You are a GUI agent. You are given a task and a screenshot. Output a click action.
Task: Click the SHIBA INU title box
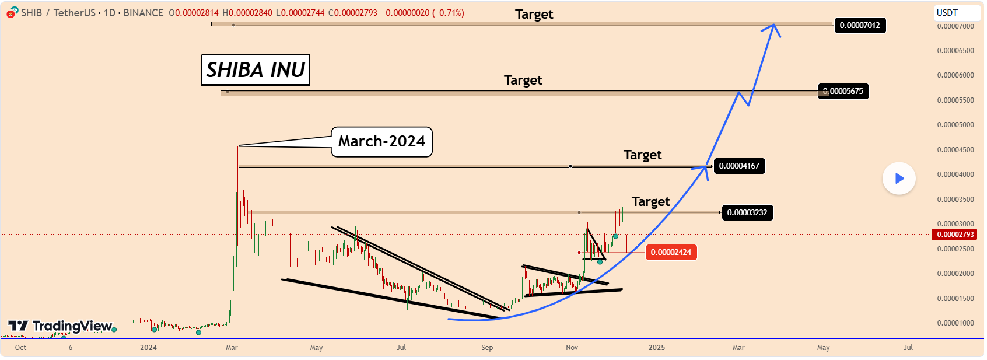[x=256, y=70]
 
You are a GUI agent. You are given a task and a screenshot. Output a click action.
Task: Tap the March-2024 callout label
[x=381, y=142]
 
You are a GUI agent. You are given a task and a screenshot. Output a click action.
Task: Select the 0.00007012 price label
[x=859, y=25]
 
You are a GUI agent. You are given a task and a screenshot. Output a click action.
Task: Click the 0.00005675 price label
[x=843, y=91]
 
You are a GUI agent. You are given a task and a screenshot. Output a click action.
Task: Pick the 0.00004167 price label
[x=739, y=166]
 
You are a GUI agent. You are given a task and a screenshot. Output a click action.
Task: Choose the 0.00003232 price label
[x=747, y=212]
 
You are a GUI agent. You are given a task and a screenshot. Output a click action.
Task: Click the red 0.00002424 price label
[x=671, y=252]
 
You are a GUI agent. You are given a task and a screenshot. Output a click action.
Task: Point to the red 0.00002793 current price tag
[x=956, y=235]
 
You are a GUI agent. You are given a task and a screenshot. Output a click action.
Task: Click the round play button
[x=899, y=179]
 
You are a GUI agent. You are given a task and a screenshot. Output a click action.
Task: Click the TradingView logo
[x=60, y=326]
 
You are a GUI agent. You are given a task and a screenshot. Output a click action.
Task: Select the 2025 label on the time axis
[x=657, y=348]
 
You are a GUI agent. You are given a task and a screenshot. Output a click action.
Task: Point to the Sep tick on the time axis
[x=487, y=348]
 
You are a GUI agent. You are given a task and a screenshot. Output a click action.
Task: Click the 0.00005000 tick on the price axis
[x=955, y=125]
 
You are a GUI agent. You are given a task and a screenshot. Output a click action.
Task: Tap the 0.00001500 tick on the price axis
[x=955, y=299]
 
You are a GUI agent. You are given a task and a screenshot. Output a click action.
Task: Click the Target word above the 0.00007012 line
[x=534, y=14]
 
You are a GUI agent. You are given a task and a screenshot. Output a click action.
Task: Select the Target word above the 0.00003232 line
[x=650, y=202]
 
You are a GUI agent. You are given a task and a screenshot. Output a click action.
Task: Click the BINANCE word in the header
[x=143, y=13]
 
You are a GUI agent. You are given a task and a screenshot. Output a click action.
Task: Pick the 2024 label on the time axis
[x=148, y=348]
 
